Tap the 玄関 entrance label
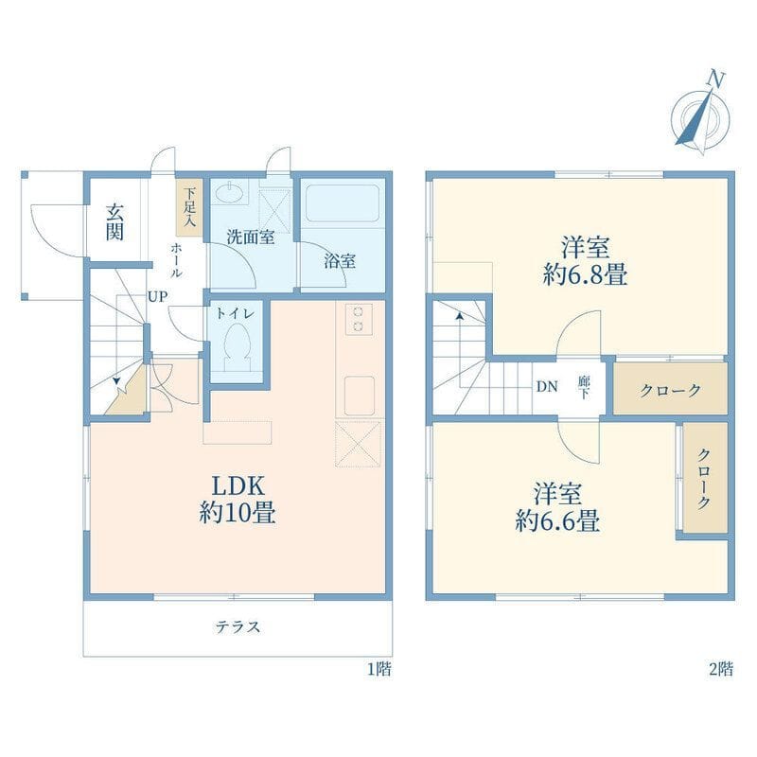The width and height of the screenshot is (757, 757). pos(114,222)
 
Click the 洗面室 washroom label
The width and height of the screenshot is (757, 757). pos(250,237)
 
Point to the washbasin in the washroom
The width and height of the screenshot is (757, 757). pos(229,193)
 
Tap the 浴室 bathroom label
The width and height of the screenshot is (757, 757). pos(341,261)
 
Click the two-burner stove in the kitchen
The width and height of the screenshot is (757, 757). pos(358,319)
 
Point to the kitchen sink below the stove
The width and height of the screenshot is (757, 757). pos(360,395)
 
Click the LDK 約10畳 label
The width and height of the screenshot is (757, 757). pos(238,500)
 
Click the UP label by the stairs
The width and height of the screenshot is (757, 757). pos(157,296)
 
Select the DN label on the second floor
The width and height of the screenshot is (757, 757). pos(546,386)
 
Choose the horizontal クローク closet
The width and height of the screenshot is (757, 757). pos(670,390)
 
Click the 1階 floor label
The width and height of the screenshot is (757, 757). pos(378,669)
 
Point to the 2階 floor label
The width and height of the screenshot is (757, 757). pos(720,669)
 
